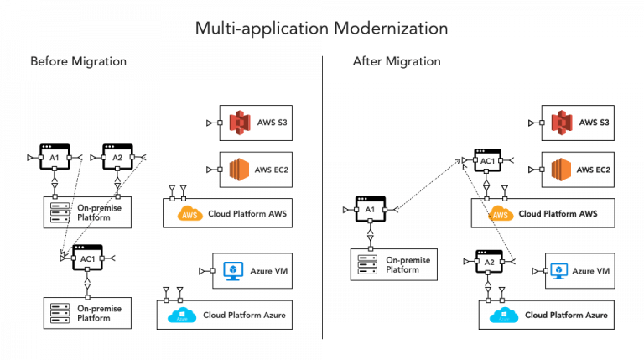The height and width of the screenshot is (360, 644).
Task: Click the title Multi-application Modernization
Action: click(x=322, y=28)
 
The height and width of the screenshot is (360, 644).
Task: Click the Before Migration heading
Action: click(x=79, y=61)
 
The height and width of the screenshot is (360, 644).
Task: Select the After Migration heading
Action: click(x=397, y=61)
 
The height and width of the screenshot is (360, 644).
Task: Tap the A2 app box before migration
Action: click(x=117, y=158)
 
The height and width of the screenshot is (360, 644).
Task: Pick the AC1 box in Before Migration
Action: click(x=87, y=258)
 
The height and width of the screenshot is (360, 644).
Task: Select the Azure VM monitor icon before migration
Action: click(x=232, y=270)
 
